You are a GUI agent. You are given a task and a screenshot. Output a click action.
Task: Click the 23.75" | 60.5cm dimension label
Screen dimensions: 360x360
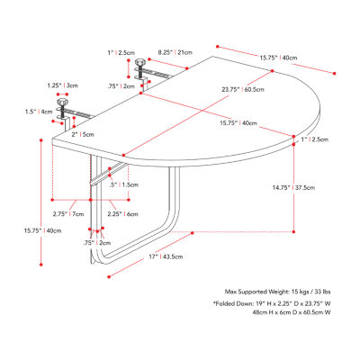pyautogui.click(x=243, y=89)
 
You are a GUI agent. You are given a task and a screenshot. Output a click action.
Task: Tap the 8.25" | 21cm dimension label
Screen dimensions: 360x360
pyautogui.click(x=175, y=52)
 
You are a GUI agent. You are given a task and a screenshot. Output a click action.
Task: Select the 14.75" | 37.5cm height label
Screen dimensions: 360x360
pyautogui.click(x=293, y=188)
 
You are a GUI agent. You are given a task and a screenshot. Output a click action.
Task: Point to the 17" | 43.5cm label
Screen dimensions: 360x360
pyautogui.click(x=166, y=256)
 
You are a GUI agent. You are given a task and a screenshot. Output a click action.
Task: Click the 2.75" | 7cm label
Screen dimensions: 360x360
pyautogui.click(x=68, y=214)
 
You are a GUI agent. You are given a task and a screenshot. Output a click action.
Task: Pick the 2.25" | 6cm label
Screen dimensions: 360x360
pyautogui.click(x=123, y=214)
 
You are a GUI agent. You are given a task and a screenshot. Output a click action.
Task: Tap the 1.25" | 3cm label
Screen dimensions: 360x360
pyautogui.click(x=62, y=85)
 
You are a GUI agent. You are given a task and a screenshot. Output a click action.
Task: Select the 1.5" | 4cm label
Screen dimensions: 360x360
pyautogui.click(x=39, y=112)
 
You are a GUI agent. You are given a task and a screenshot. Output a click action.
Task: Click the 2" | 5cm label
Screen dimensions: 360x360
pyautogui.click(x=83, y=134)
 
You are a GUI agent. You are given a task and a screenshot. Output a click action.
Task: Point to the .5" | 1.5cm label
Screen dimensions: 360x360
pyautogui.click(x=124, y=184)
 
